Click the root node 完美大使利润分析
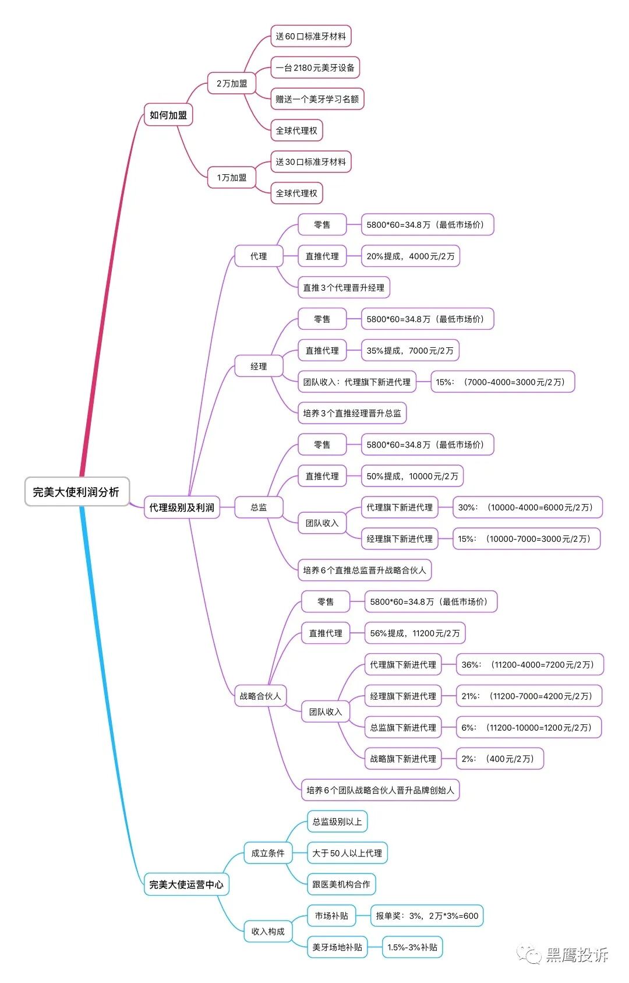pos(76,492)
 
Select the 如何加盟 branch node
pos(168,115)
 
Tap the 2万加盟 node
pos(232,83)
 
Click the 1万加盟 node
pos(232,178)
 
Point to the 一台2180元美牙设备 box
pos(315,68)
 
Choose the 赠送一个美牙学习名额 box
pos(317,99)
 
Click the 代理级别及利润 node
pos(182,508)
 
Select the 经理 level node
pos(259,367)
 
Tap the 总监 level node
pos(259,508)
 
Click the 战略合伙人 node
pos(260,696)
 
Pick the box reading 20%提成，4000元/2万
pos(411,256)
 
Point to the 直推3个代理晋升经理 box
pos(344,288)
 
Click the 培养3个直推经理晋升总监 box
pos(352,413)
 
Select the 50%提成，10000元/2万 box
pos(412,476)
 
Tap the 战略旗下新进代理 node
pos(403,759)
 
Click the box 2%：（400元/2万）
pos(500,759)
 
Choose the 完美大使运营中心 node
pos(186,885)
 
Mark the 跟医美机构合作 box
pos(341,885)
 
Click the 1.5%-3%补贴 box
pos(412,947)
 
